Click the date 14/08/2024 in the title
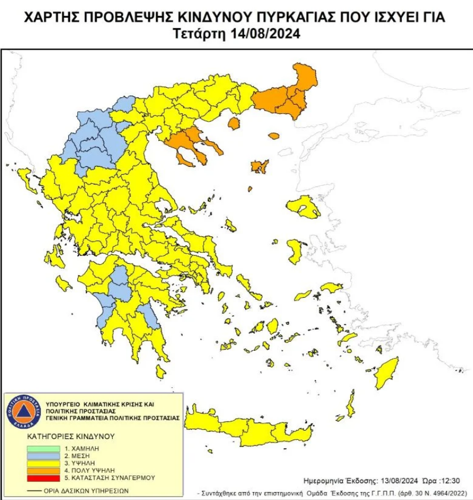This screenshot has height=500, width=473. (x=266, y=34)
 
